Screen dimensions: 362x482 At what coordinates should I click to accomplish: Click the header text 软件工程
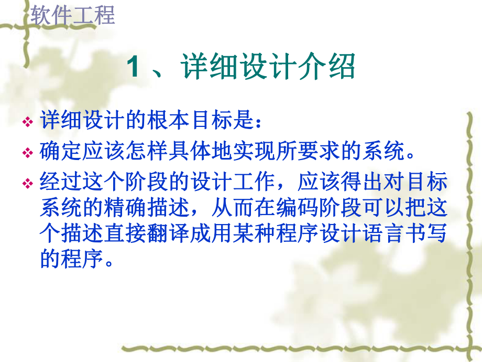pyautogui.click(x=72, y=15)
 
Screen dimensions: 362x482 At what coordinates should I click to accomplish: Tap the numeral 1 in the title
pyautogui.click(x=134, y=69)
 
